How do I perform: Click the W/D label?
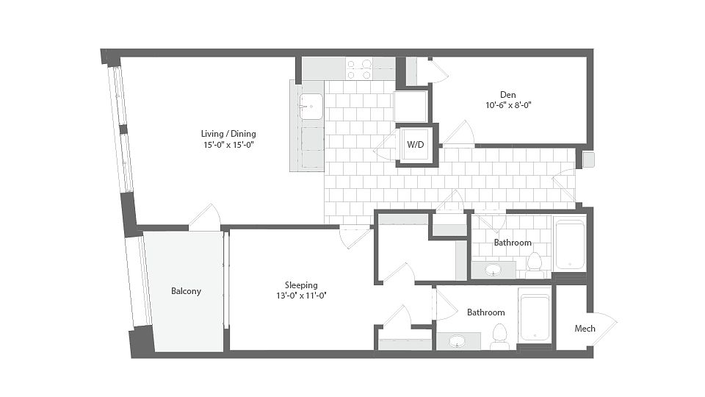[x=416, y=145]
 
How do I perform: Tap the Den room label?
[x=508, y=95]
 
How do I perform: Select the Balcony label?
[x=186, y=291]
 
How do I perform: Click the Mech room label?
[x=585, y=329]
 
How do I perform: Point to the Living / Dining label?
[x=228, y=134]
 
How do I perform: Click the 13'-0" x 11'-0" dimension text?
[x=301, y=296]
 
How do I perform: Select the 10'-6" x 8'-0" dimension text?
[x=508, y=105]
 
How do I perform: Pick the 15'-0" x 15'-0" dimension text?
[x=229, y=145]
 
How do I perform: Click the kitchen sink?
[x=311, y=107]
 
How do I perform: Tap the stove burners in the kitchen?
[x=359, y=69]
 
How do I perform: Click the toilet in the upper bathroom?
[x=535, y=263]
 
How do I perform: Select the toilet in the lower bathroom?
[x=499, y=335]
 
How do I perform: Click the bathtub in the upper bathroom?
[x=570, y=244]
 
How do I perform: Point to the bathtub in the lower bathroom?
[x=535, y=318]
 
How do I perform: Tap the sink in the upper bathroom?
[x=493, y=270]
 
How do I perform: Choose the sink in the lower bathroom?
[x=458, y=342]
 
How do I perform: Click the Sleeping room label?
[x=301, y=285]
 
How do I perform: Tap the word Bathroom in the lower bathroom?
[x=485, y=312]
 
